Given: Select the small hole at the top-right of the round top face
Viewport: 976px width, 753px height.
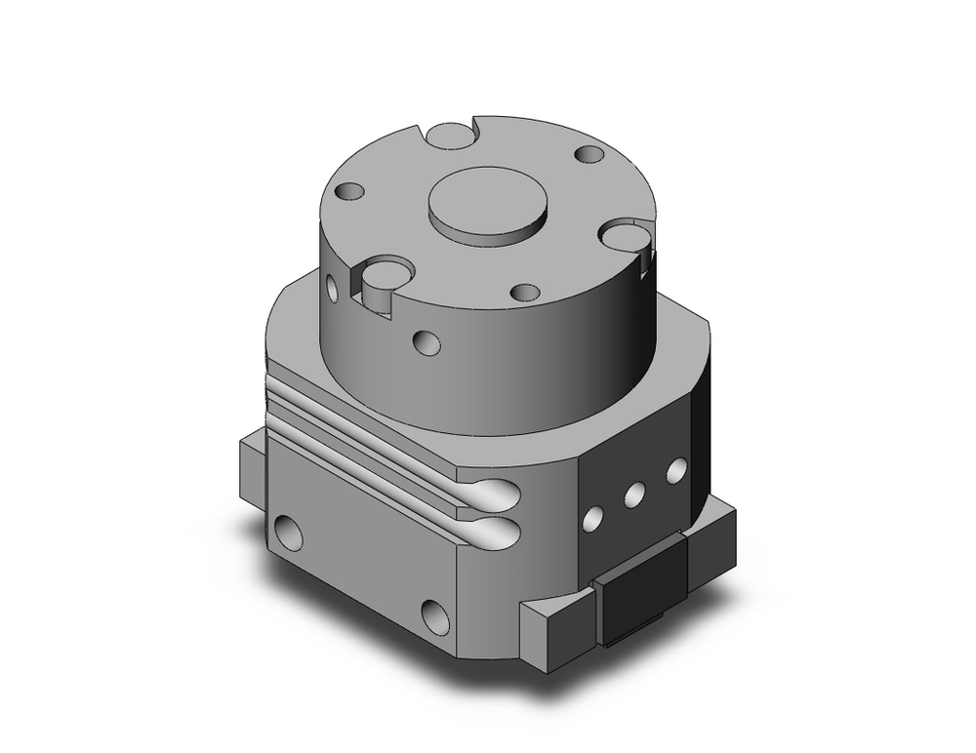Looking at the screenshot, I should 590,154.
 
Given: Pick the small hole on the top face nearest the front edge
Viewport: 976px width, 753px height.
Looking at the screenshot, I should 525,292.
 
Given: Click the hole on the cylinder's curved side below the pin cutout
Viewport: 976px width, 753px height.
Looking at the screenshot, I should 426,342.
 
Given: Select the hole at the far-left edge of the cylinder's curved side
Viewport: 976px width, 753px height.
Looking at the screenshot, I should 333,288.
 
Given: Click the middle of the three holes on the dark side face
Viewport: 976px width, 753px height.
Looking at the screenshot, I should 634,495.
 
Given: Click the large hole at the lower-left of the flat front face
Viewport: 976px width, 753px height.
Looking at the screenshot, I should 288,532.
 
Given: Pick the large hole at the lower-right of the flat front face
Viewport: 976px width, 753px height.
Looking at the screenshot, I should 435,615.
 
